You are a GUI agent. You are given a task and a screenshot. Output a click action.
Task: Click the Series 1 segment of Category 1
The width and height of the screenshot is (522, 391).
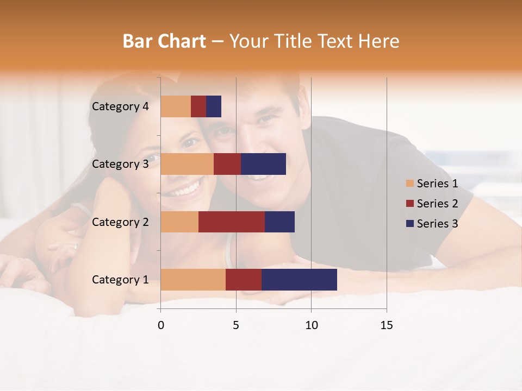193,280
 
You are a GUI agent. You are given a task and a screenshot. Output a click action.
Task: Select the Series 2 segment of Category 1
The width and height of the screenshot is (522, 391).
244,280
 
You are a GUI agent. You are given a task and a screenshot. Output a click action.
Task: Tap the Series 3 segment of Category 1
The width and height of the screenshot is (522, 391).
299,280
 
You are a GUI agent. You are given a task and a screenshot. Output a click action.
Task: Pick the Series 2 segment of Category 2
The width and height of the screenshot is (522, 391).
232,222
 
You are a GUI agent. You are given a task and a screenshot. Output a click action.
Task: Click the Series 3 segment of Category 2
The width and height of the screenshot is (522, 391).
279,222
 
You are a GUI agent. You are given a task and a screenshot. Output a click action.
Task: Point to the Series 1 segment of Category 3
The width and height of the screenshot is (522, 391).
187,164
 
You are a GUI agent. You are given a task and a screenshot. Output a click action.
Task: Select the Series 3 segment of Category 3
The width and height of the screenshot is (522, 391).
263,164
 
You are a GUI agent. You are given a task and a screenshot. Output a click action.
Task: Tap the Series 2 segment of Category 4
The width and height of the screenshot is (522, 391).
198,106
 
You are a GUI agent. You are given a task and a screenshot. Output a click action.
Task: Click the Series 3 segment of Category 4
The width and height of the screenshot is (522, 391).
214,106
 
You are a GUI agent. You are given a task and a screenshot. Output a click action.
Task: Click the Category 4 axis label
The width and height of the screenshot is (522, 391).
120,106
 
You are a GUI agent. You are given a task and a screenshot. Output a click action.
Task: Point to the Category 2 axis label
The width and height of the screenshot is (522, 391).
120,222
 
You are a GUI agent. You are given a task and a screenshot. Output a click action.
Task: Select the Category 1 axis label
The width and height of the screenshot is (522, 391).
120,280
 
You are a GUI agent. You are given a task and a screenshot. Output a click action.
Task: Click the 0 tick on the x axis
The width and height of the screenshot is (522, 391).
161,325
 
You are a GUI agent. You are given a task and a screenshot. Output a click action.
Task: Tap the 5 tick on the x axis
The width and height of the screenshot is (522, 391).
236,325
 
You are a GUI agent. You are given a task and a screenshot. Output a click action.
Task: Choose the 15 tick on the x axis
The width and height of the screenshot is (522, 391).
387,325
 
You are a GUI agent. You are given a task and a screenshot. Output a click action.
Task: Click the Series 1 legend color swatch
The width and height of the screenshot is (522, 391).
410,184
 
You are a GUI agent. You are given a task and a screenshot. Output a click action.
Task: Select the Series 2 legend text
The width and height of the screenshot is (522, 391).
437,204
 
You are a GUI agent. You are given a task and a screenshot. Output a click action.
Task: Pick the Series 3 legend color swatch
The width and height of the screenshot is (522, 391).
410,224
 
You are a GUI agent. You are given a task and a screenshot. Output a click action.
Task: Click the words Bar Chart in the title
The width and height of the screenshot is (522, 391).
164,41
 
